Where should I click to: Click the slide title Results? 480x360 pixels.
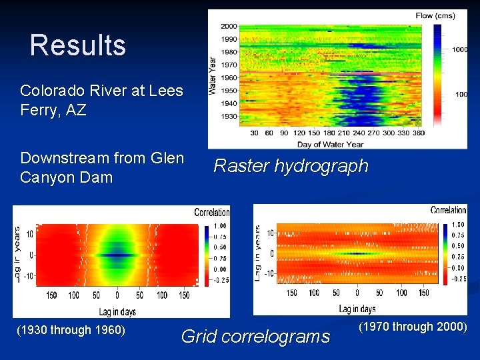pyautogui.click(x=78, y=46)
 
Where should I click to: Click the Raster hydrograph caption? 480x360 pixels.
pyautogui.click(x=291, y=166)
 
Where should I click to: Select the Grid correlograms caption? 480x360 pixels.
pyautogui.click(x=255, y=336)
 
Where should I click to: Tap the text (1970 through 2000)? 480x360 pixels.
pyautogui.click(x=413, y=327)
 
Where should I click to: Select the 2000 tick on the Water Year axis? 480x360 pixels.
pyautogui.click(x=229, y=27)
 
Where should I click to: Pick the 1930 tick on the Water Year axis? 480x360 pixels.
pyautogui.click(x=229, y=116)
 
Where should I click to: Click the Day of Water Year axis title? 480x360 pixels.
pyautogui.click(x=331, y=144)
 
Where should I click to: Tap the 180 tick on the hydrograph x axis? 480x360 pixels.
pyautogui.click(x=331, y=133)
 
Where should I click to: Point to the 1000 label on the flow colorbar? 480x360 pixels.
pyautogui.click(x=461, y=49)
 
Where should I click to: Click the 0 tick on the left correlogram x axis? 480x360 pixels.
pyautogui.click(x=117, y=295)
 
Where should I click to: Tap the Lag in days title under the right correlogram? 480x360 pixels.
pyautogui.click(x=357, y=309)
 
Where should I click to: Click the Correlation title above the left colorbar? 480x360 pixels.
pyautogui.click(x=211, y=213)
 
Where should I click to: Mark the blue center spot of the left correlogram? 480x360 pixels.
pyautogui.click(x=117, y=255)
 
